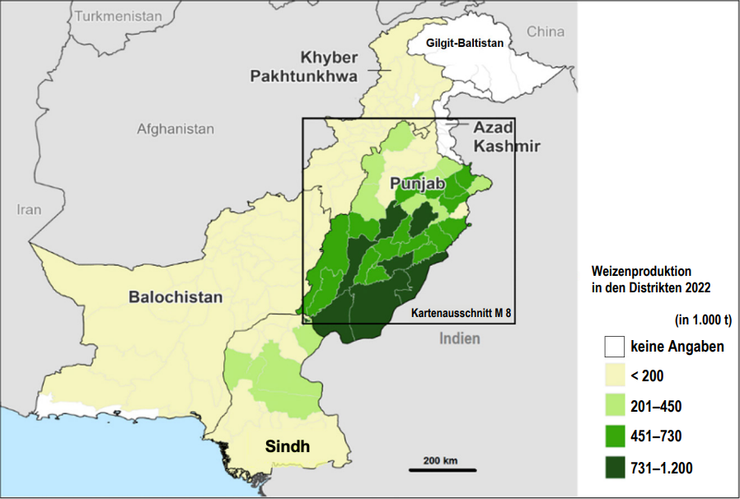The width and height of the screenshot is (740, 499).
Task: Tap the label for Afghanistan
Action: (176, 129)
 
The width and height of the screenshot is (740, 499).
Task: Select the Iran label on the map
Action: (28, 209)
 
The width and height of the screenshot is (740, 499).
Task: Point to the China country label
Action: (546, 31)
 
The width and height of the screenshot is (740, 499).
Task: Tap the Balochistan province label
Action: (176, 297)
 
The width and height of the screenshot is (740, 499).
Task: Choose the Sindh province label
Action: (288, 447)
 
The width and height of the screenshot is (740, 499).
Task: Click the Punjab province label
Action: (418, 184)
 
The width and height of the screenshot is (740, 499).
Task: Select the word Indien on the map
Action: (459, 338)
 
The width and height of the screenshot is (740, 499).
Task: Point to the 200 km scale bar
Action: (443, 469)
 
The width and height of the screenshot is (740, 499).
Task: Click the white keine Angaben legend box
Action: (614, 346)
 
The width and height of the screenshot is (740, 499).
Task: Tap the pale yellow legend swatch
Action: (614, 375)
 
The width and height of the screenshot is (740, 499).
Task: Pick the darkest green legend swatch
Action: (614, 466)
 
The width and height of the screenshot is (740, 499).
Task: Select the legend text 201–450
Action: (656, 406)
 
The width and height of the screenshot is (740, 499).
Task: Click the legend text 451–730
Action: (656, 436)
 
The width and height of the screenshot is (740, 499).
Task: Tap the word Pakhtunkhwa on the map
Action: (304, 77)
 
